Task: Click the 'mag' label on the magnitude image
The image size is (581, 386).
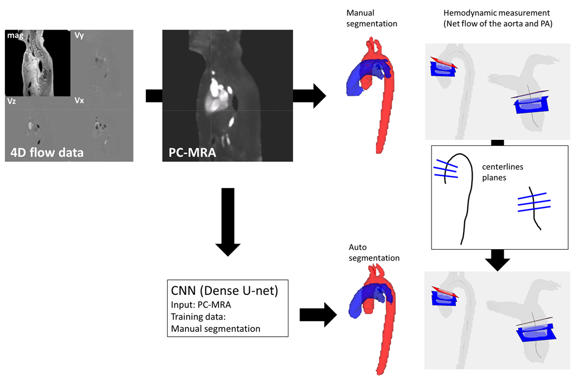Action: pyautogui.click(x=14, y=35)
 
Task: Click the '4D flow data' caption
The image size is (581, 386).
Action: pyautogui.click(x=47, y=152)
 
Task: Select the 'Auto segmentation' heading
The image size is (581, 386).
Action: pyautogui.click(x=374, y=253)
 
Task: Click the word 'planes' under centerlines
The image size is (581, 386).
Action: pyautogui.click(x=493, y=177)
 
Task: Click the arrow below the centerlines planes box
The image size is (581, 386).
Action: pyautogui.click(x=498, y=259)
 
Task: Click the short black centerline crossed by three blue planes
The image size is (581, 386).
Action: pyautogui.click(x=533, y=209)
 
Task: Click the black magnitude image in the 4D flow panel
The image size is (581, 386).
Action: pyautogui.click(x=38, y=63)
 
